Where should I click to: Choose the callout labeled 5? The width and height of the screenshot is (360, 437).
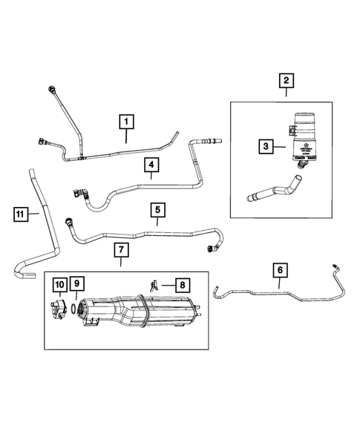tap(157, 211)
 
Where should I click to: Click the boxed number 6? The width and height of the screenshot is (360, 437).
tap(279, 269)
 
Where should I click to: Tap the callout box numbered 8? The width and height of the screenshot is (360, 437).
tap(180, 284)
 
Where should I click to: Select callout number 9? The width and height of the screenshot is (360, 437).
tap(78, 284)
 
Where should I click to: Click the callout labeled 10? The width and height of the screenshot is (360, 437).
tap(59, 284)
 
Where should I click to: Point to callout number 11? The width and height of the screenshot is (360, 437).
tap(23, 215)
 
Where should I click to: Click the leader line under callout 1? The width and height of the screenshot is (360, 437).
tap(126, 135)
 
